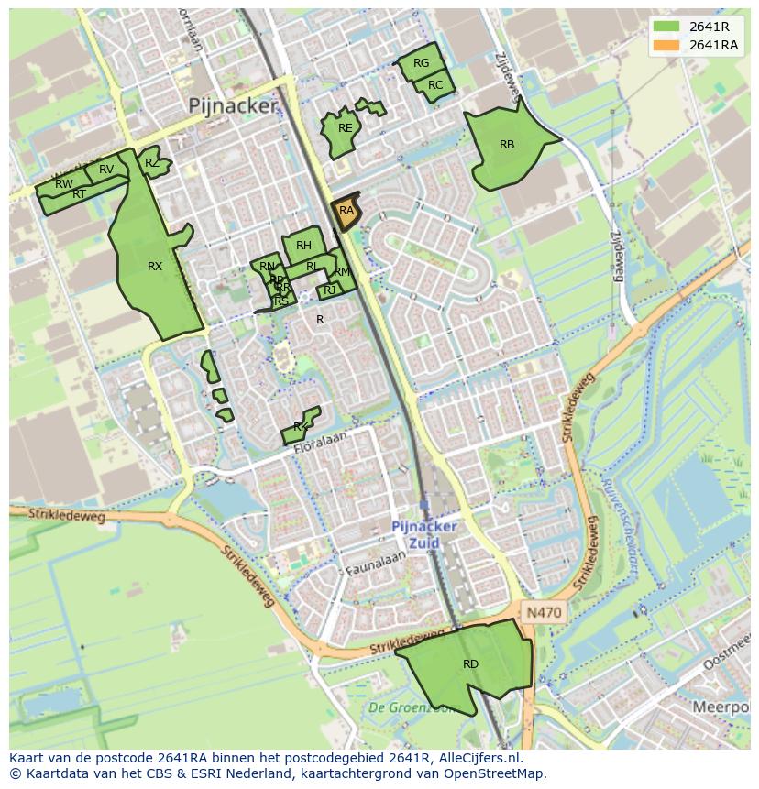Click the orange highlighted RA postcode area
pyautogui.click(x=346, y=211)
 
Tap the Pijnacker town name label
pyautogui.click(x=232, y=106)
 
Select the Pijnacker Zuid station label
pyautogui.click(x=423, y=535)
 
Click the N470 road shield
pyautogui.click(x=544, y=611)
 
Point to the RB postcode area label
pyautogui.click(x=507, y=145)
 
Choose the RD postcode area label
pyautogui.click(x=470, y=664)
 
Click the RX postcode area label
pyautogui.click(x=155, y=267)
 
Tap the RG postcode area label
pyautogui.click(x=421, y=63)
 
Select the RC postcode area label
pyautogui.click(x=435, y=85)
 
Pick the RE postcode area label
pyautogui.click(x=345, y=128)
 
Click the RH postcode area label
pyautogui.click(x=303, y=246)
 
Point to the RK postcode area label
pyautogui.click(x=300, y=428)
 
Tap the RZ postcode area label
pyautogui.click(x=151, y=164)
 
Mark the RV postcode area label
pyautogui.click(x=106, y=170)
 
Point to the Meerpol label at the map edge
pyautogui.click(x=721, y=707)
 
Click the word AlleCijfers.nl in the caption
pyautogui.click(x=478, y=758)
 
